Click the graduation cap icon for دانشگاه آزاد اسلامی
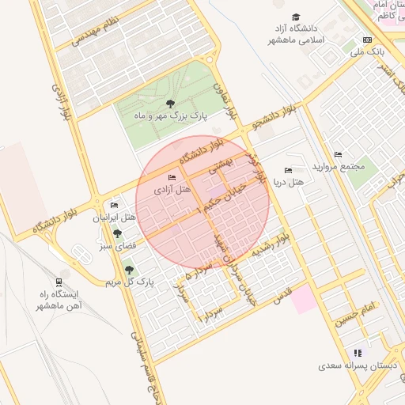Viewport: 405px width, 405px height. click(x=297, y=17)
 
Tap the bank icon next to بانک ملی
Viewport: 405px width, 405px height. click(x=366, y=40)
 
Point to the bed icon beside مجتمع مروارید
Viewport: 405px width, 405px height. click(x=339, y=154)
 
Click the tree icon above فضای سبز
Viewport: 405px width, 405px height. click(x=118, y=234)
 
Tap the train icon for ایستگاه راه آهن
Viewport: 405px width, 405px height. click(x=59, y=282)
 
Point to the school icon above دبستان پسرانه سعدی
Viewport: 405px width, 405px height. click(x=358, y=353)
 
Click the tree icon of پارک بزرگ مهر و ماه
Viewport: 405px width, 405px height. click(x=170, y=103)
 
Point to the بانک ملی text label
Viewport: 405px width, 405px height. click(x=367, y=51)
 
